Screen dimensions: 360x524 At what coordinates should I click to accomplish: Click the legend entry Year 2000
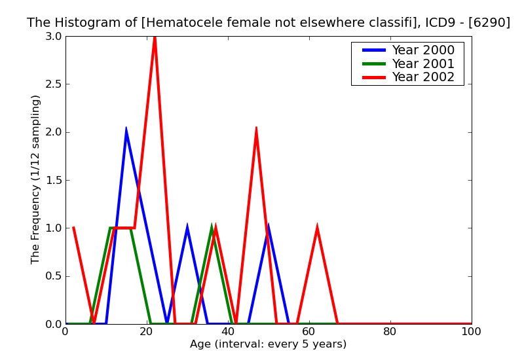coord(422,50)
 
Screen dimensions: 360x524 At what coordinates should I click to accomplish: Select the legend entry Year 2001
coord(422,63)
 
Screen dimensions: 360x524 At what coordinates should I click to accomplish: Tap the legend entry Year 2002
coord(422,77)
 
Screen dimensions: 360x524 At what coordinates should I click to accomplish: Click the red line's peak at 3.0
coord(155,37)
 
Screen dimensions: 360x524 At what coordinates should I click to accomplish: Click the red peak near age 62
coord(317,228)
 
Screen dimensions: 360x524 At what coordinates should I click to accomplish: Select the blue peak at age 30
coord(187,228)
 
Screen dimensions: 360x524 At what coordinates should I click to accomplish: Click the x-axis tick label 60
coord(309,332)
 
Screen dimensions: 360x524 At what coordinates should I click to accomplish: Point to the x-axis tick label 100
coord(472,332)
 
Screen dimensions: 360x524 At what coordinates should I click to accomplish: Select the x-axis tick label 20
coord(147,332)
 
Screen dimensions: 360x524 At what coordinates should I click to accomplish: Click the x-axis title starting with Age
coord(269,344)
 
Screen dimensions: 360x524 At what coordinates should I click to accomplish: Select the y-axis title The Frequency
coord(36,180)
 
